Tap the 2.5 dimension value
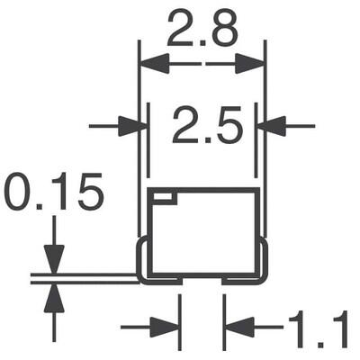[207, 127]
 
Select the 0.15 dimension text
[54, 193]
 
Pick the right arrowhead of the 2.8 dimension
[253, 64]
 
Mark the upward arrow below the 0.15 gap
[54, 295]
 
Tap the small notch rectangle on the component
[162, 195]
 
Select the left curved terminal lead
[143, 261]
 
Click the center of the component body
[202, 234]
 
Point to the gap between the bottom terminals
[202, 281]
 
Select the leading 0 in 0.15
[20, 193]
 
